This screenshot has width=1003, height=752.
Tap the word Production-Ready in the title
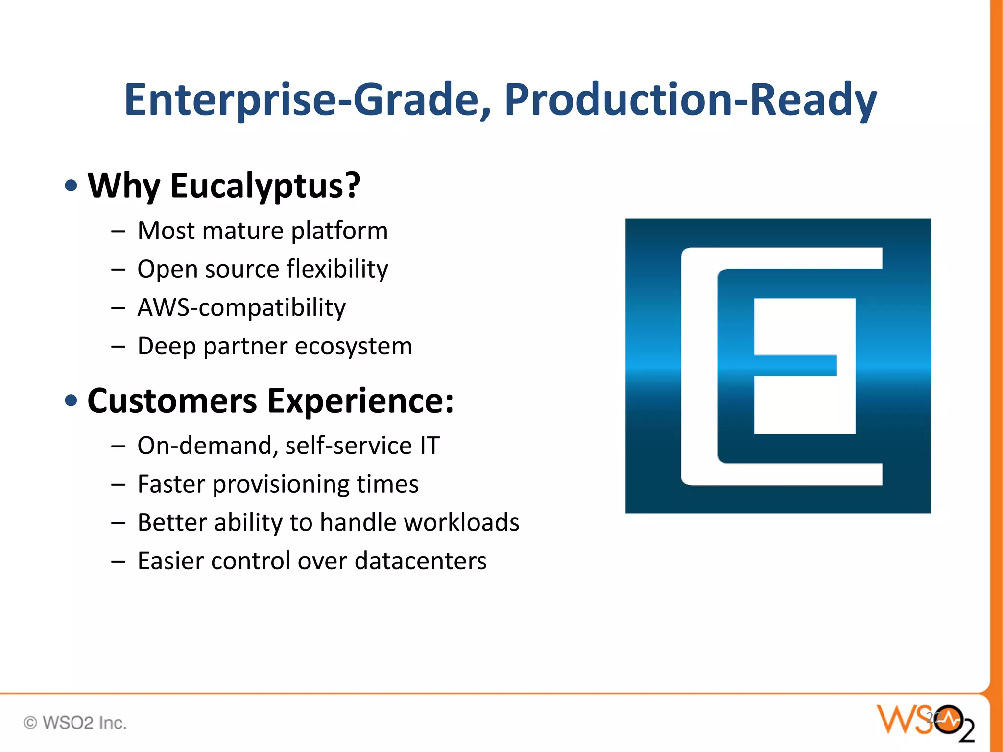(691, 100)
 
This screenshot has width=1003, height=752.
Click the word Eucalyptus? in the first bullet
(265, 187)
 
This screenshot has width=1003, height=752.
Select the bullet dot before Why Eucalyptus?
(72, 186)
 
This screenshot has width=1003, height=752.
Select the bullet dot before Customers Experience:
(72, 400)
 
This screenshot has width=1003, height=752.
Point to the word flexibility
(337, 269)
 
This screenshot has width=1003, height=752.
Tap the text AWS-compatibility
(241, 308)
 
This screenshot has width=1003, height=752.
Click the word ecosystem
(354, 346)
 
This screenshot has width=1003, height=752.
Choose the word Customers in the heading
(172, 401)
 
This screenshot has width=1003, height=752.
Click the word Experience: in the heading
(361, 401)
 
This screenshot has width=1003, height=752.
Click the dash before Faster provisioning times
(118, 485)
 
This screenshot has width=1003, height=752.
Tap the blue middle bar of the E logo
(794, 366)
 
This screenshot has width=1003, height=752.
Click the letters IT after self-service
(430, 446)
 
